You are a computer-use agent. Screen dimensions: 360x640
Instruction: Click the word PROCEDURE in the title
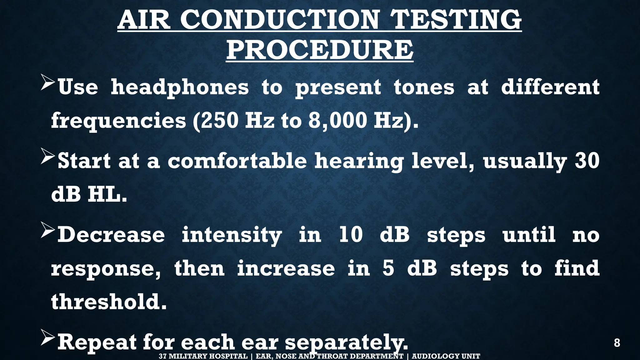click(320, 50)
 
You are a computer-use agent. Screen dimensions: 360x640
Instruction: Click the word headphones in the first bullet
click(180, 87)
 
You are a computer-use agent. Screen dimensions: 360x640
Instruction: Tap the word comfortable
click(237, 161)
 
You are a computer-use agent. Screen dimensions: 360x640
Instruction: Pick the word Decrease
click(111, 235)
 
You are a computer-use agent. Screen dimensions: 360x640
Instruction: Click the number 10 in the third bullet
click(351, 235)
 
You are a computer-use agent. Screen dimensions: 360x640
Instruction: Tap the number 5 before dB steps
click(388, 268)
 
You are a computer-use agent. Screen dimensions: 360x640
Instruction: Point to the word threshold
click(108, 302)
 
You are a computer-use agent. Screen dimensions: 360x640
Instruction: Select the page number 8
click(617, 343)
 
